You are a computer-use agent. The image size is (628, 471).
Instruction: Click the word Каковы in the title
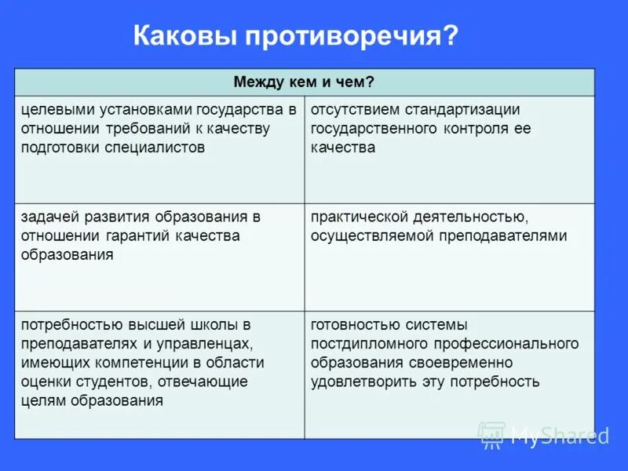point(186,37)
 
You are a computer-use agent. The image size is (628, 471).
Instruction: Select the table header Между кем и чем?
point(304,82)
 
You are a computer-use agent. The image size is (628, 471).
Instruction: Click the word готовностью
point(354,324)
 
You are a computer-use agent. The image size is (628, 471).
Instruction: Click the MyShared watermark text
point(559,435)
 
